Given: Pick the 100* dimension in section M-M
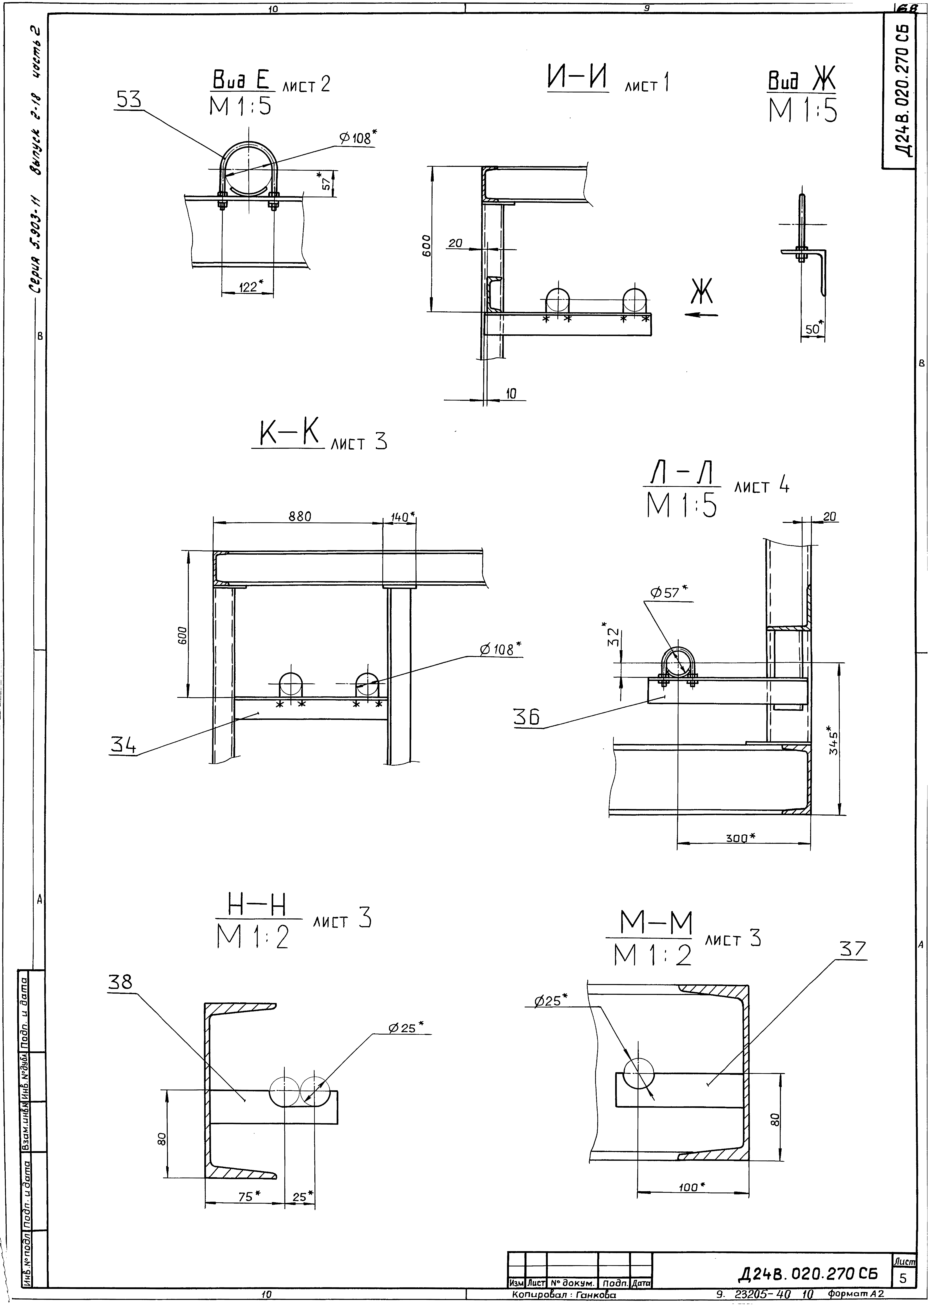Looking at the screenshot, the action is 691,1187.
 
